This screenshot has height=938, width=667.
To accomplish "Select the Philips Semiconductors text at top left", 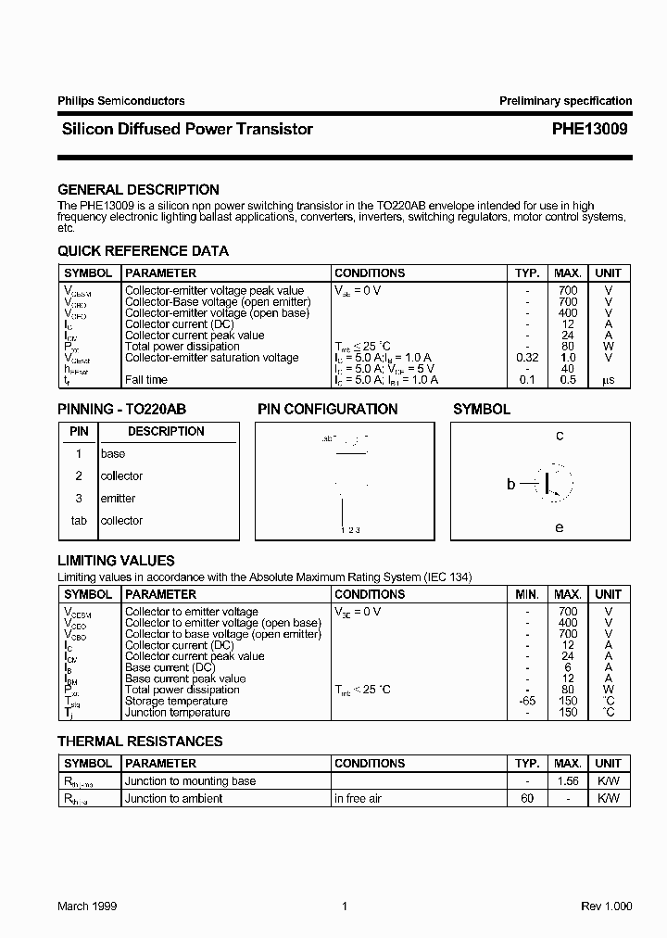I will click(x=120, y=101).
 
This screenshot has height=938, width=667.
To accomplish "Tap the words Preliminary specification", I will click(x=565, y=101).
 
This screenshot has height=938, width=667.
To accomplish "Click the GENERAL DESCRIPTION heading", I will click(x=138, y=189).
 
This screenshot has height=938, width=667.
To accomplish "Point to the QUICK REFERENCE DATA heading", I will click(x=143, y=251).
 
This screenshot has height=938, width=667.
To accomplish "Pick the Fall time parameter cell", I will click(x=146, y=380).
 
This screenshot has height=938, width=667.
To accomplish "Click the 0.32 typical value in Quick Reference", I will click(x=527, y=358).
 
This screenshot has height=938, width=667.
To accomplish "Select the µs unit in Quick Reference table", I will click(x=608, y=380).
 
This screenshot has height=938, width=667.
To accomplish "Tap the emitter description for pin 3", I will click(x=118, y=499).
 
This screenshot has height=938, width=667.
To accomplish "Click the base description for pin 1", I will click(x=112, y=454).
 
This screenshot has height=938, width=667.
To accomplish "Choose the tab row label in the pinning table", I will click(x=79, y=521).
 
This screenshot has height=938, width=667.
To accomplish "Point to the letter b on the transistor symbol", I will click(x=510, y=484).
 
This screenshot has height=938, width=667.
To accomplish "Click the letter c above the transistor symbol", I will click(x=560, y=436).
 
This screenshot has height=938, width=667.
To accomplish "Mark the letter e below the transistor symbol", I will click(x=559, y=527).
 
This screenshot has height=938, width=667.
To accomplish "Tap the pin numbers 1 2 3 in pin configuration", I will click(x=349, y=530).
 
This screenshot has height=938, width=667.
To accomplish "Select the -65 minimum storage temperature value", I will click(x=527, y=701).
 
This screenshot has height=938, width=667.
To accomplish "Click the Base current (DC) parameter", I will click(x=170, y=667).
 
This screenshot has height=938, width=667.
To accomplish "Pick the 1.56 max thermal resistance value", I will click(x=568, y=781).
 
